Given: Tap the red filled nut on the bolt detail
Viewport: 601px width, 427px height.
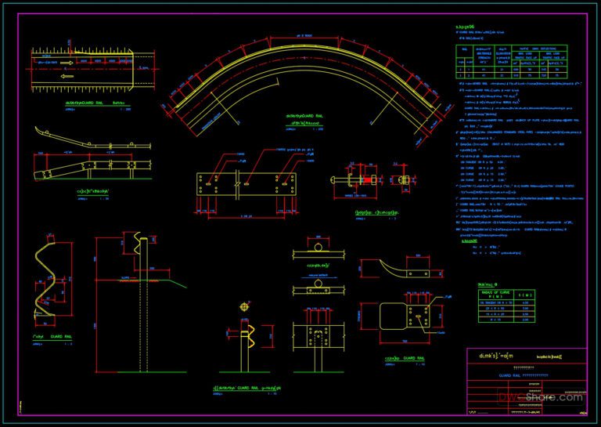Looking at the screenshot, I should click(x=364, y=183).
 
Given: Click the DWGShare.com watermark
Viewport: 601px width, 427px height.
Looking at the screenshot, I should click(x=541, y=397).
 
